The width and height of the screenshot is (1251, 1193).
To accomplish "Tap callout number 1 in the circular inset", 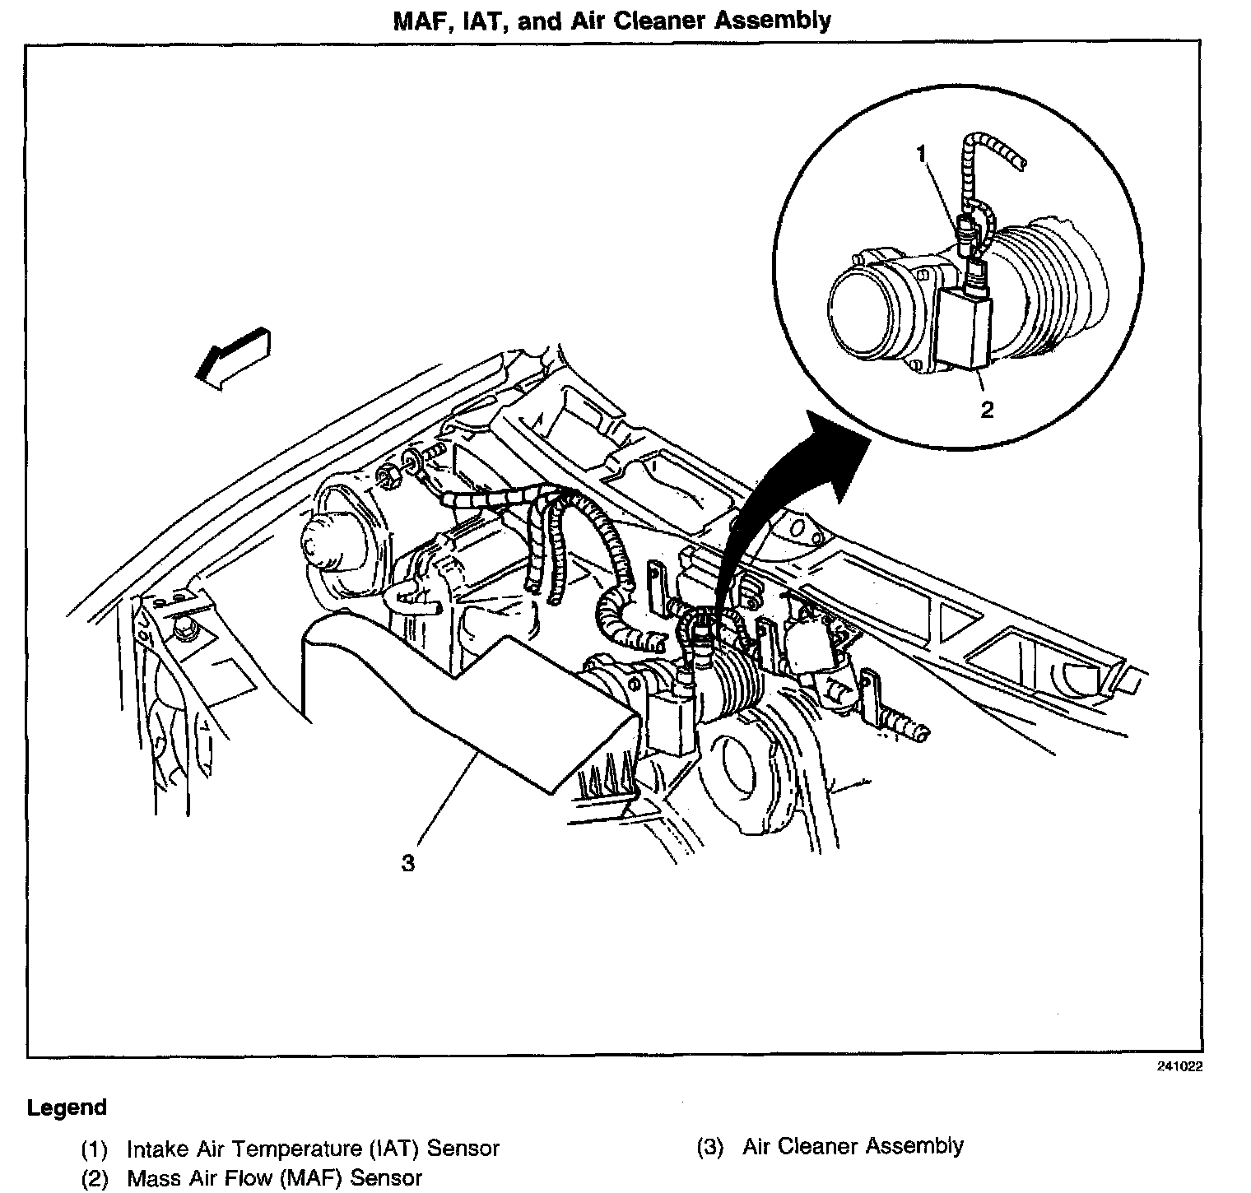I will pos(922,153).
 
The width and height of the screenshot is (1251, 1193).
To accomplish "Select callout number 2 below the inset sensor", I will pos(987,409).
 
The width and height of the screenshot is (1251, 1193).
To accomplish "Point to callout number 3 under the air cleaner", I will pos(408,863).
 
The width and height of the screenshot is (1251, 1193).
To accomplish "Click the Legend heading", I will pos(67,1107).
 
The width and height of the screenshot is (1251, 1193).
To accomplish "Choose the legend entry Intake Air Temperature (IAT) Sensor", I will pos(313,1148).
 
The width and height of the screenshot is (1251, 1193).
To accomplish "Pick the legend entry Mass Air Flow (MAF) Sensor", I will pos(274,1177).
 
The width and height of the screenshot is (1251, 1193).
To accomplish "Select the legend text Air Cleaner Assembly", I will pos(853,1145).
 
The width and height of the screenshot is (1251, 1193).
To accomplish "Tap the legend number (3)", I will pos(709,1146).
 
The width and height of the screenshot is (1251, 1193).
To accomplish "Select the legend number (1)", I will pos(95,1149).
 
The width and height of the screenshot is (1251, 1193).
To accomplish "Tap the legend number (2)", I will pos(95,1178).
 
